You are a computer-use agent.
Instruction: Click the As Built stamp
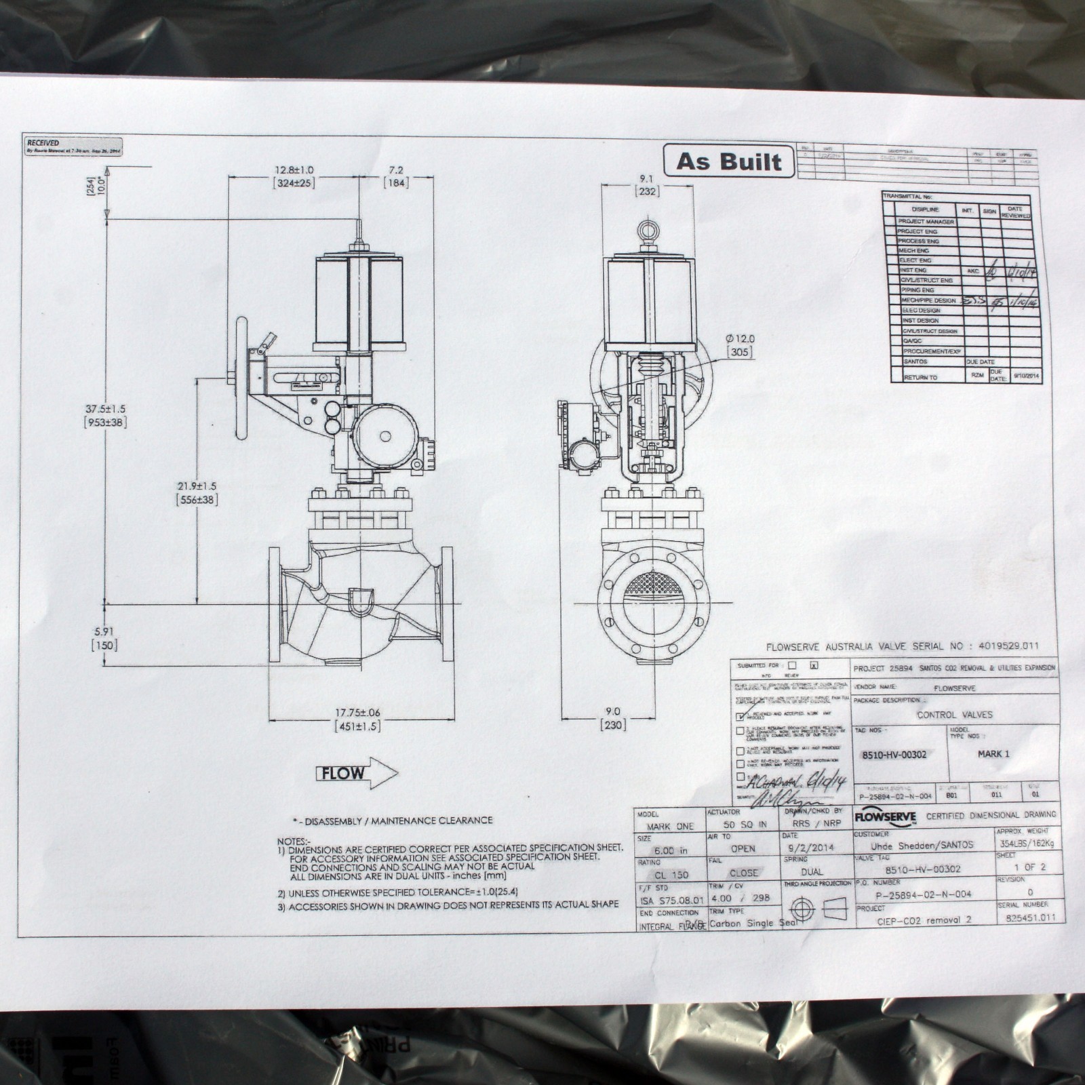(x=728, y=161)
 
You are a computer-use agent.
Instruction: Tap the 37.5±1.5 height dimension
(x=104, y=416)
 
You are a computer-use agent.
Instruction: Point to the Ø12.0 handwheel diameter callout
(x=739, y=345)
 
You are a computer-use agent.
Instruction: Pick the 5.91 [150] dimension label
(x=104, y=637)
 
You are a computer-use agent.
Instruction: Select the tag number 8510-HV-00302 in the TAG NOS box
(x=894, y=754)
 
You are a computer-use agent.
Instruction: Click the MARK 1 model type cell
(x=993, y=753)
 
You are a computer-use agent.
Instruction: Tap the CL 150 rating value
(x=671, y=875)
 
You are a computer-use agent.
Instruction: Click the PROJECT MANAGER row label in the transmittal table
(x=926, y=222)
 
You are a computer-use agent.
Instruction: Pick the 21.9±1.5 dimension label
(x=197, y=492)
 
